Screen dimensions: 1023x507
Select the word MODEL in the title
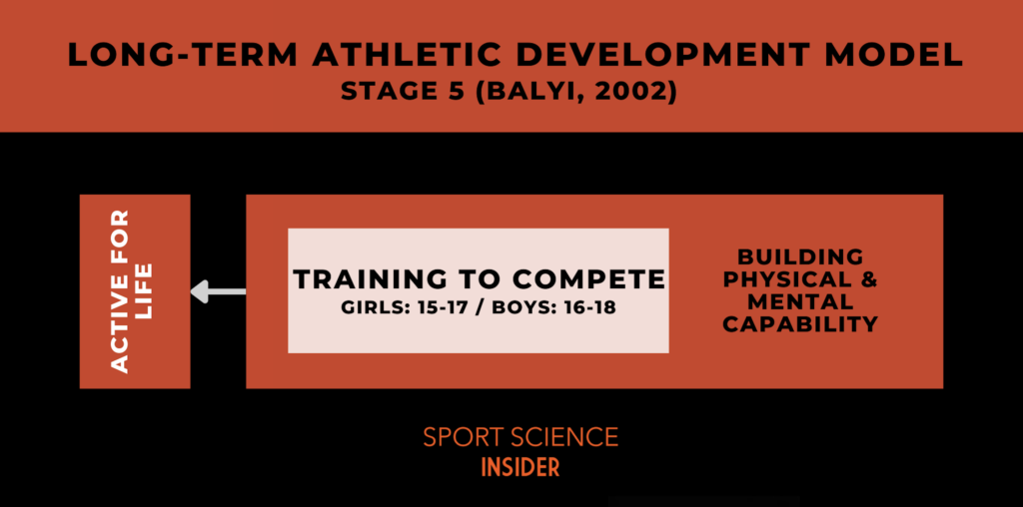pos(893,56)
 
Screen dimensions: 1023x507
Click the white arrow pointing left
pos(218,291)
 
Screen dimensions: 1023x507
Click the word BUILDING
pos(800,256)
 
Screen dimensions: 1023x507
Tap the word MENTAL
pos(800,301)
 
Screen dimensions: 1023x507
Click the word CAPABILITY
pos(800,324)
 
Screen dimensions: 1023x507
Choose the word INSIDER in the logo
pos(519,467)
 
